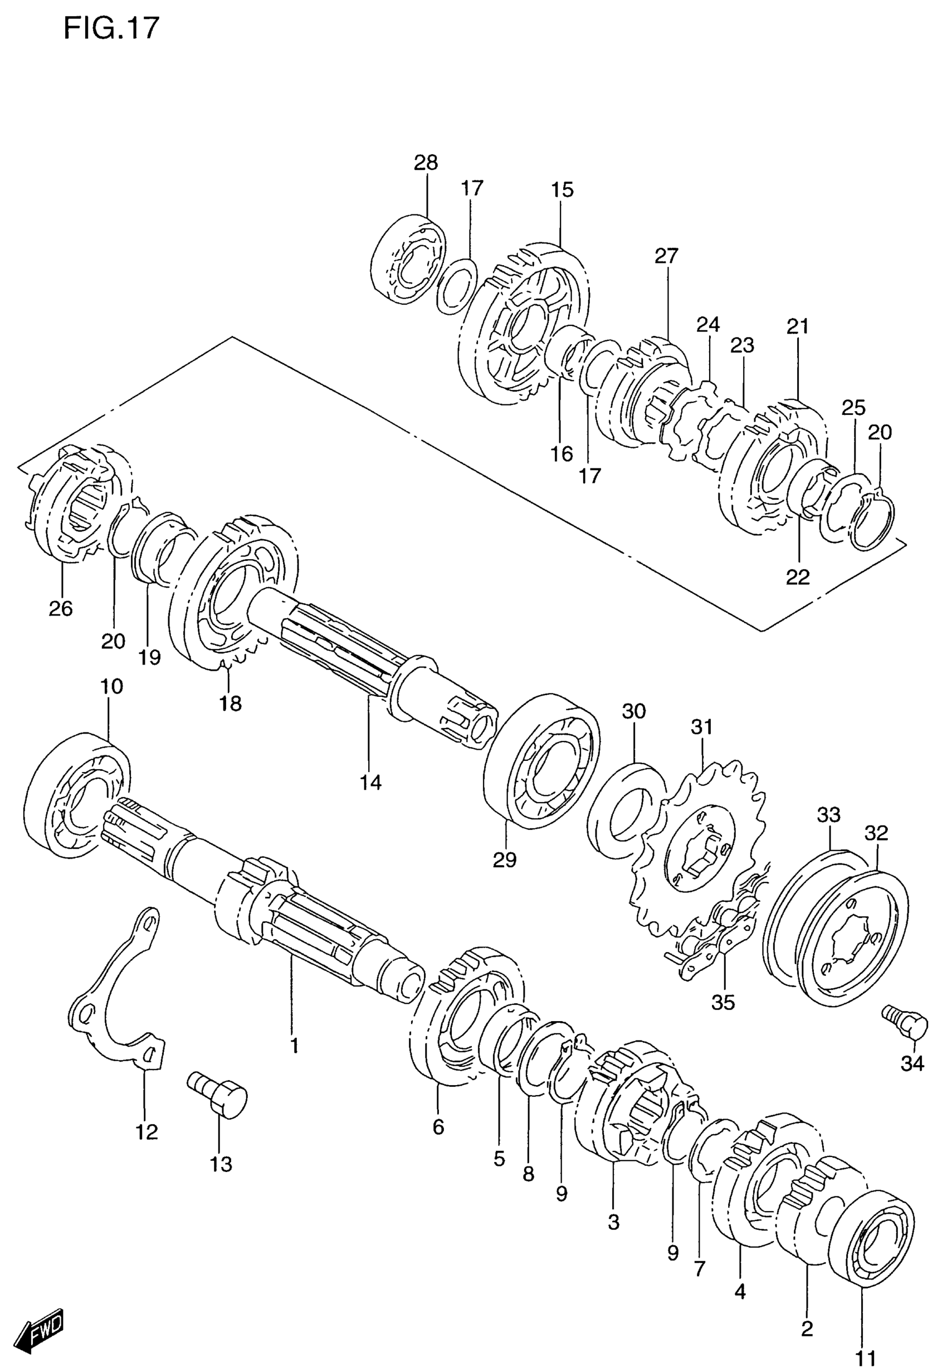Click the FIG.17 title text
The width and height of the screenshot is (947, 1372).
[x=111, y=28]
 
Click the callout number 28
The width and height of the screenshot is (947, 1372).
[x=426, y=163]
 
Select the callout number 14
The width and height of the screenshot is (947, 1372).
[x=370, y=783]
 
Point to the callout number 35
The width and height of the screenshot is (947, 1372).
[x=723, y=1002]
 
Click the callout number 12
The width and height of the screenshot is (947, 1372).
[x=147, y=1132]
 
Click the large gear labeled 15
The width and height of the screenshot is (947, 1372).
[x=525, y=323]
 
